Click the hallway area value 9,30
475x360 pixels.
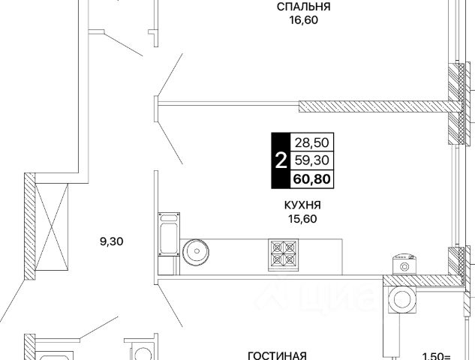click(111, 241)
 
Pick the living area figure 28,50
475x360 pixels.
click(314, 142)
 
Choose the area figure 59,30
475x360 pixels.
click(314, 160)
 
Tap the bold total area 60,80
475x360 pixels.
click(314, 178)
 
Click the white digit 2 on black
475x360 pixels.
click(280, 160)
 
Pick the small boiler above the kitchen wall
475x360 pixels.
click(407, 264)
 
